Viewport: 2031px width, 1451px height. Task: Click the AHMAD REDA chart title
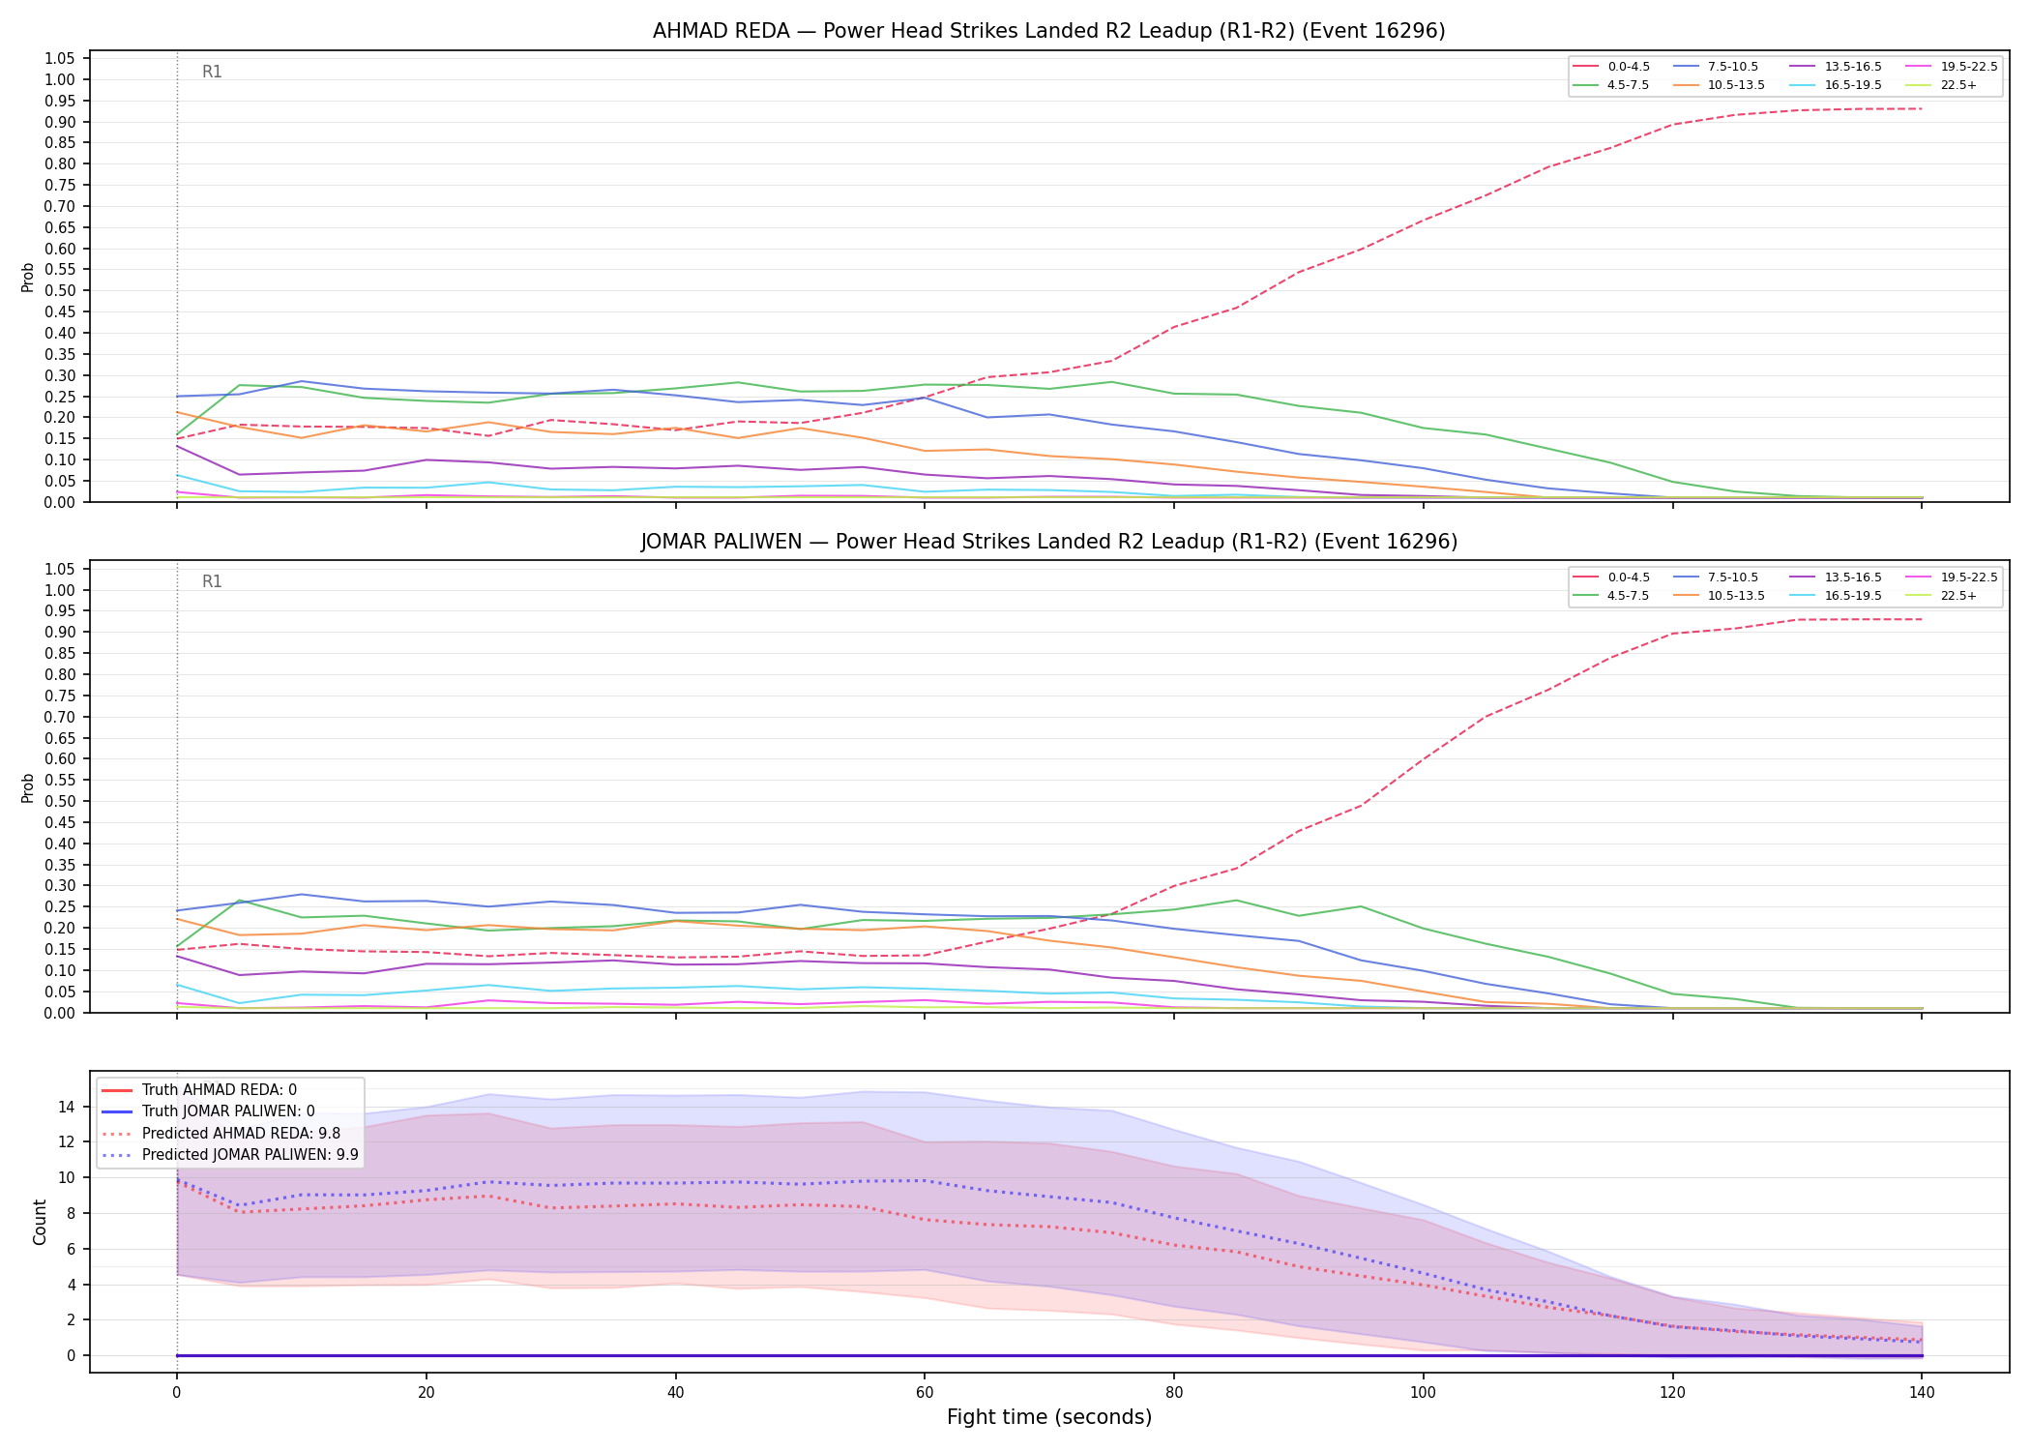(1048, 31)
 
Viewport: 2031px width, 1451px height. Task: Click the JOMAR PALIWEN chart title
(1048, 542)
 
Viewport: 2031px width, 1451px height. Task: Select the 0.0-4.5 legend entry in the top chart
(1611, 67)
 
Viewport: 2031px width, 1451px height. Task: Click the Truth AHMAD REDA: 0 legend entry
(199, 1090)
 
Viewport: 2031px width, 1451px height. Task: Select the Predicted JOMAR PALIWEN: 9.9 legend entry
(230, 1154)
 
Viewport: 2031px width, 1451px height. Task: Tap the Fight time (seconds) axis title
(1049, 1418)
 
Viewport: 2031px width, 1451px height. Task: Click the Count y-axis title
(40, 1222)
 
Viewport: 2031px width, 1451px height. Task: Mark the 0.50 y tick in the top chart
(60, 290)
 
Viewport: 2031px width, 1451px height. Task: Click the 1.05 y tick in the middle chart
(60, 569)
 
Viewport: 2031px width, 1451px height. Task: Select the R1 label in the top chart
(212, 72)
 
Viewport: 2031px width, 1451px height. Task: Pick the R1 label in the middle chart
(212, 581)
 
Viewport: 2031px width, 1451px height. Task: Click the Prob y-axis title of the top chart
(28, 278)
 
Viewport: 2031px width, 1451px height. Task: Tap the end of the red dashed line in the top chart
(1921, 108)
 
